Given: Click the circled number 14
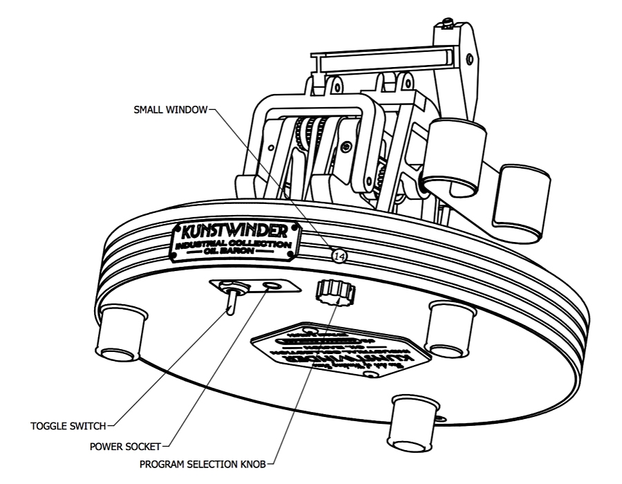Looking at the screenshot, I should coord(339,256).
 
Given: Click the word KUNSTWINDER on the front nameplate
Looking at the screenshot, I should coord(235,232).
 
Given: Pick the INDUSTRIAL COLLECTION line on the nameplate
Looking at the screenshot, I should coord(235,244).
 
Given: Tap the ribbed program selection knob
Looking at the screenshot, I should coord(334,292).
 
